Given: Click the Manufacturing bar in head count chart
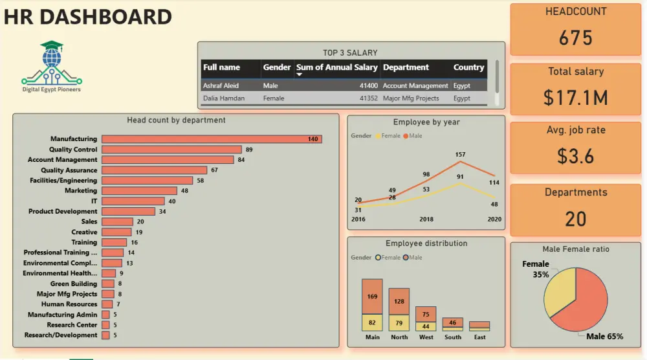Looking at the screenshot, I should click(x=212, y=139).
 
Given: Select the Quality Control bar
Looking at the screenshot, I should click(x=171, y=150).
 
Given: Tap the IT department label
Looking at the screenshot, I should click(x=94, y=201).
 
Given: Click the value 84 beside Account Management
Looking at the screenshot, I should click(x=241, y=160).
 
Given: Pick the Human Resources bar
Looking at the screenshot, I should click(x=107, y=304).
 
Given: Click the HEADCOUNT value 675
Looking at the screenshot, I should click(x=575, y=38).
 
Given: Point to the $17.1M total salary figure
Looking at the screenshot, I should click(x=575, y=97).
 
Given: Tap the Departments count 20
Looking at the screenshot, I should click(x=575, y=219).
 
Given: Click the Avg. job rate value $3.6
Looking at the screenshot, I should click(x=575, y=156).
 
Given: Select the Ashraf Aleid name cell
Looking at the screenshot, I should click(x=222, y=85).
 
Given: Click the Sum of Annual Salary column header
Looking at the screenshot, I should click(x=336, y=67).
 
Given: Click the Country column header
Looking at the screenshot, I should click(x=468, y=67).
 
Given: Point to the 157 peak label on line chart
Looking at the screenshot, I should click(x=460, y=155).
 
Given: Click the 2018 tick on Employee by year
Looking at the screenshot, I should click(x=426, y=219).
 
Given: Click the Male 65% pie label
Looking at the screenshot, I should click(x=604, y=337).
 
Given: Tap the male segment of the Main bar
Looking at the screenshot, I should click(x=372, y=297).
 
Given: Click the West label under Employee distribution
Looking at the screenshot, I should click(x=426, y=337).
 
